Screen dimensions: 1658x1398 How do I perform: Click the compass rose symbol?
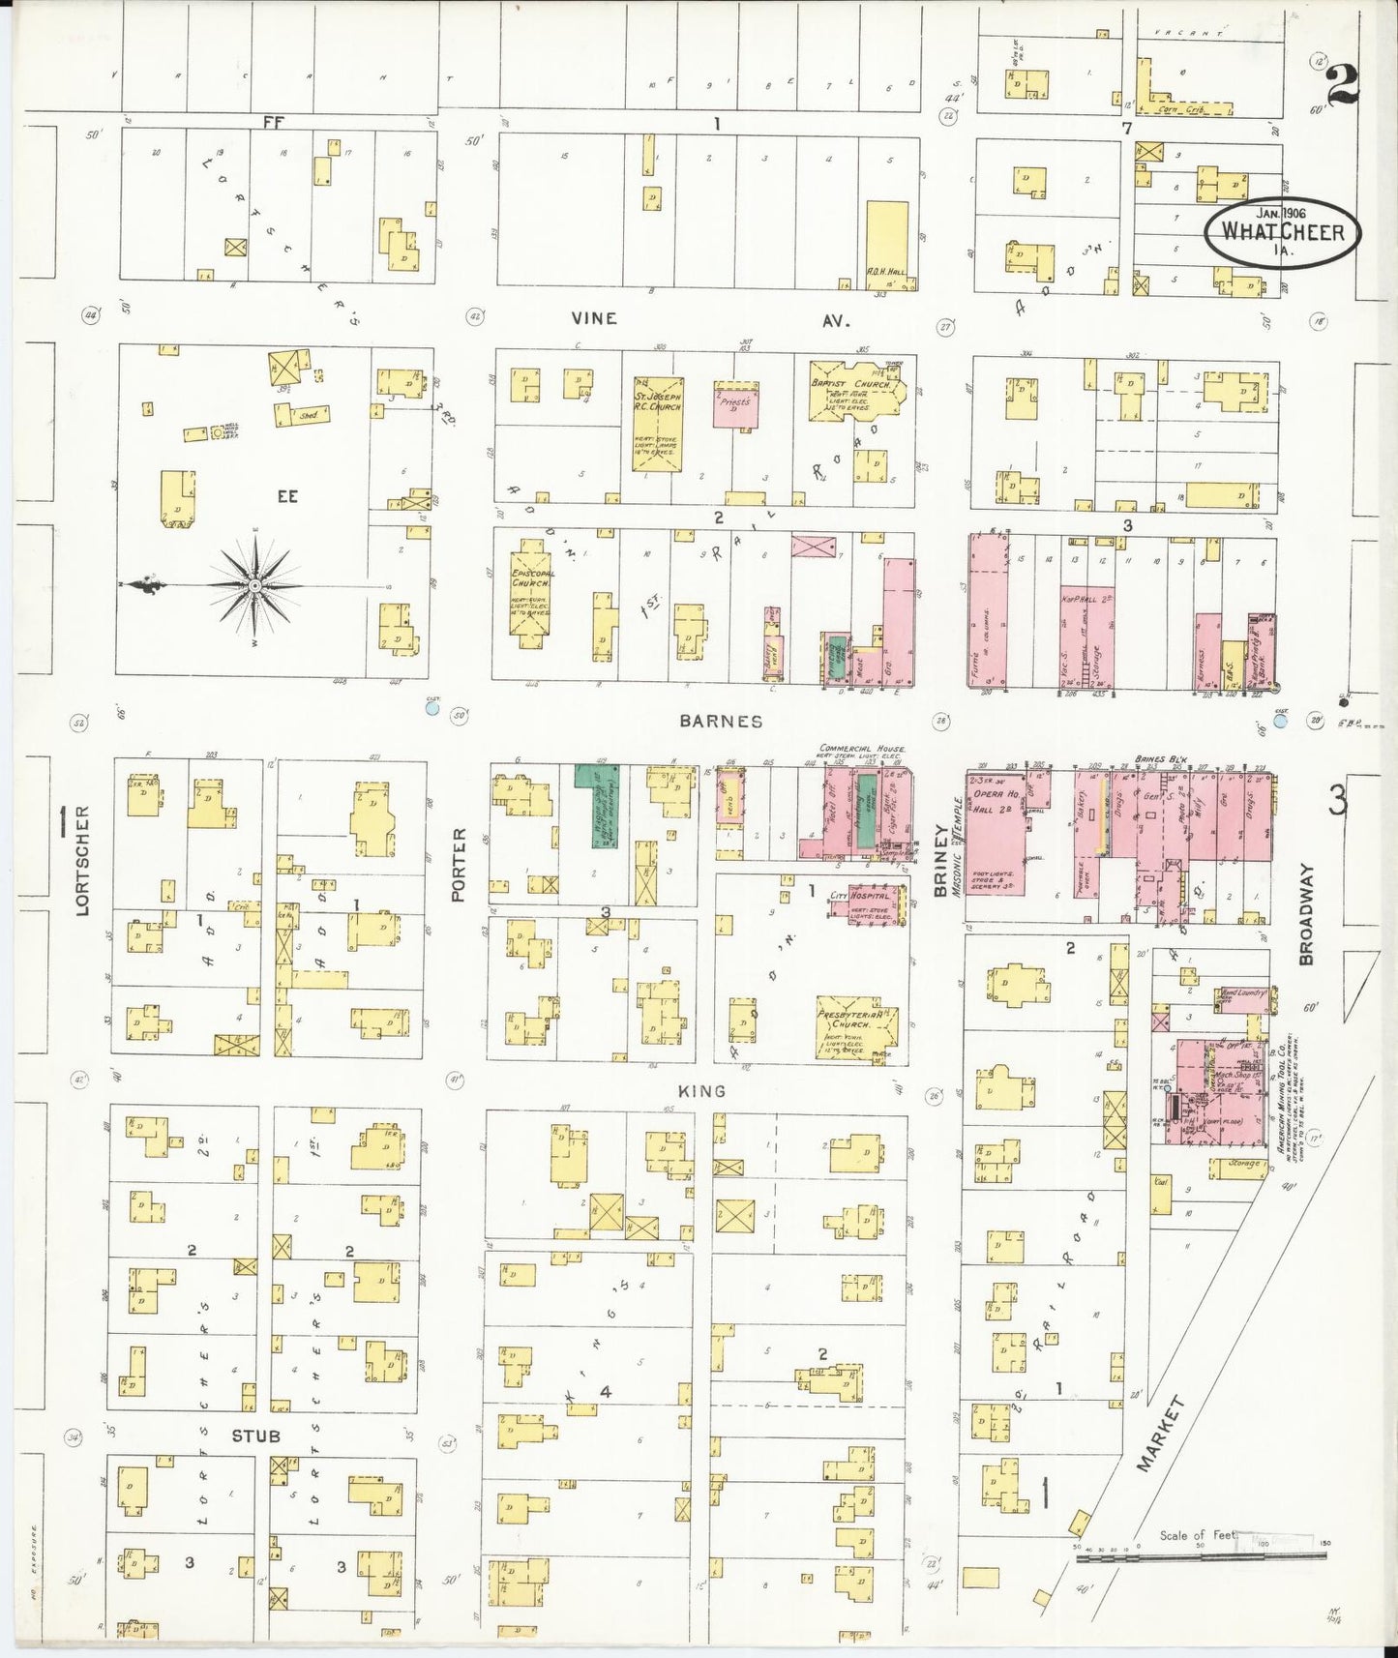tap(253, 585)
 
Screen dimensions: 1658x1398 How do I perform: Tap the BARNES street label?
tap(720, 721)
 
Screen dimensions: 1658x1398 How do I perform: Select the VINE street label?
tap(593, 318)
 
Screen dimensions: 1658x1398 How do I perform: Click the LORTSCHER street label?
tap(83, 860)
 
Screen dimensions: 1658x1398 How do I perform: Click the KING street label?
tap(701, 1091)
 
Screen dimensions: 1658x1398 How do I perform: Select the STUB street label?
tap(255, 1436)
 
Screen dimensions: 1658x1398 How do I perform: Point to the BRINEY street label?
tap(939, 861)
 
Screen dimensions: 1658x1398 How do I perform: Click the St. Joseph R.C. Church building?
tap(658, 425)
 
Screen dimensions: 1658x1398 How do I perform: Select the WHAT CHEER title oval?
tap(1283, 232)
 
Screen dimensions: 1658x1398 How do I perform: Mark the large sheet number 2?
tap(1342, 85)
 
